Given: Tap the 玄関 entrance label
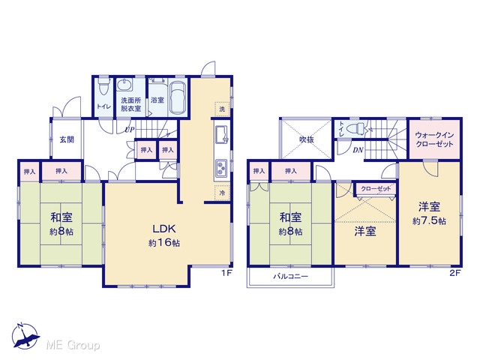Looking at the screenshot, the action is (67, 139).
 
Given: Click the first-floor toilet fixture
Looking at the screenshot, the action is (103, 86).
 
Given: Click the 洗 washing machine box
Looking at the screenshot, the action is (222, 109).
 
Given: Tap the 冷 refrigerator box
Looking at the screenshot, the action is (222, 193).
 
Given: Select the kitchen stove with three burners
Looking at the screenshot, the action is (220, 168).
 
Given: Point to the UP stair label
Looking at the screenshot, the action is (130, 130).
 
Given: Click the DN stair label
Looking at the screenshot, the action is (358, 150).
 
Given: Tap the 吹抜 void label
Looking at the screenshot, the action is (307, 139).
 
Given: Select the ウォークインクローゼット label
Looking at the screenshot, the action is (434, 139).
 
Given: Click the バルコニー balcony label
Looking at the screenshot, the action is (290, 277).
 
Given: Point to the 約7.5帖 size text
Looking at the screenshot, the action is (429, 220).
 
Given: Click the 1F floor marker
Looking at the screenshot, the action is (226, 273).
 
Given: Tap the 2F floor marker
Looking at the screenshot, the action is (455, 273).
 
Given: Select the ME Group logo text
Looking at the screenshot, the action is (73, 346).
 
